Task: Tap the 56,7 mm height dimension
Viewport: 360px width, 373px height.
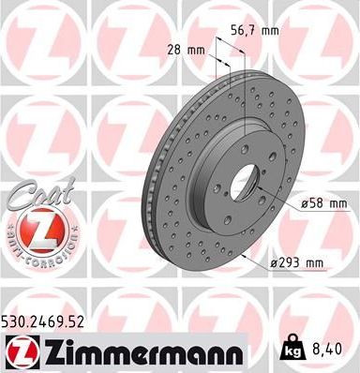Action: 255,30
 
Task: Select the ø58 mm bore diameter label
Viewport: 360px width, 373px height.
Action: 325,202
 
